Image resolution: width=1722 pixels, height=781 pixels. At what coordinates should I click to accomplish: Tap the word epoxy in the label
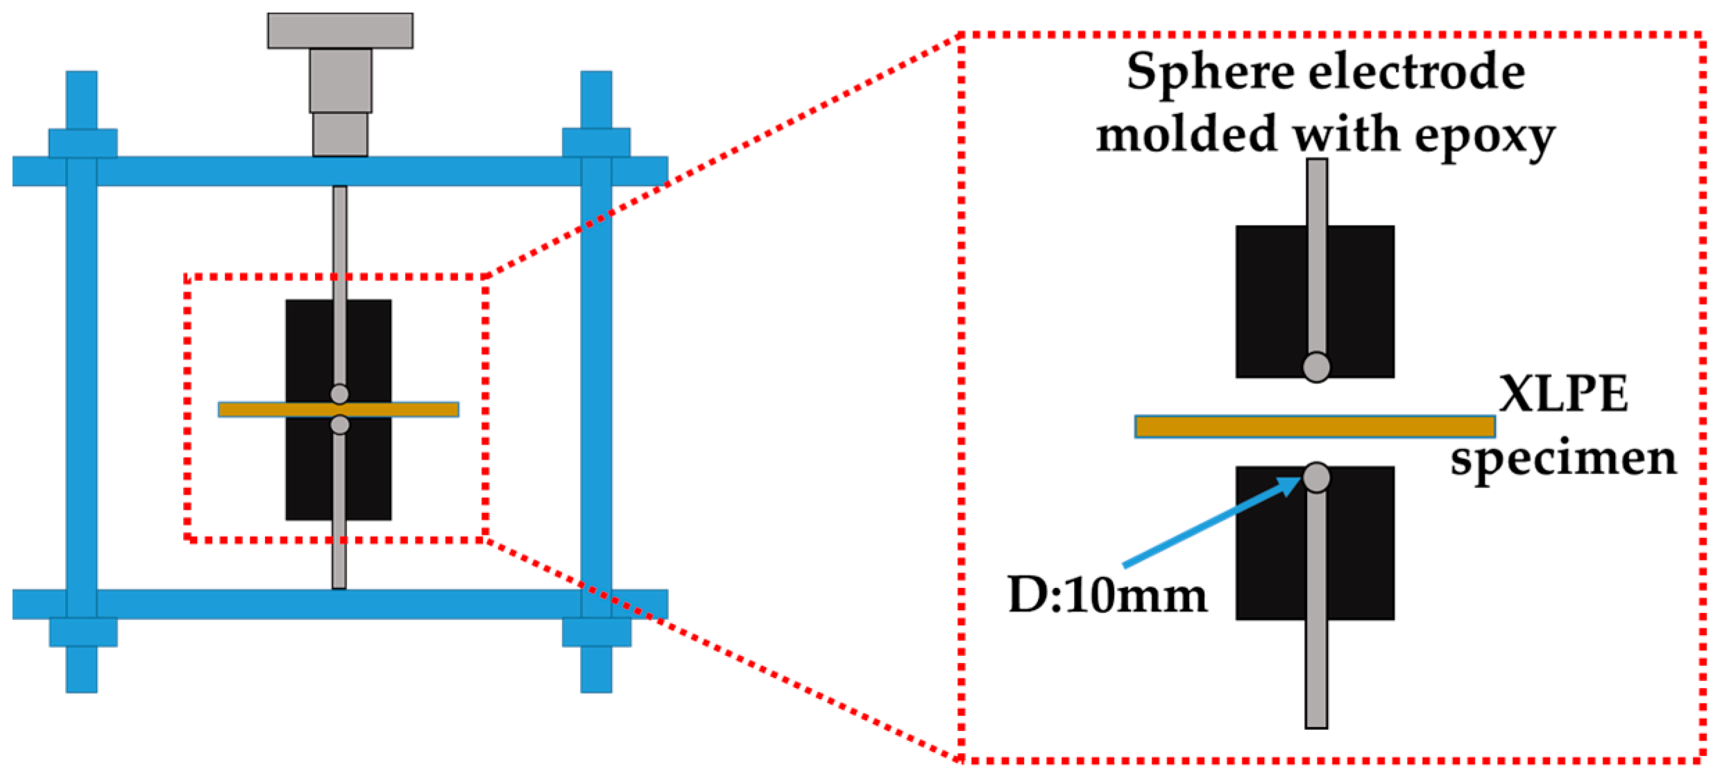tap(1484, 136)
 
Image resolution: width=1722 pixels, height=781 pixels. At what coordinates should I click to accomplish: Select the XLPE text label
tap(1562, 394)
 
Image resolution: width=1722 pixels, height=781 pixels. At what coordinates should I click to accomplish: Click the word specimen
tap(1562, 460)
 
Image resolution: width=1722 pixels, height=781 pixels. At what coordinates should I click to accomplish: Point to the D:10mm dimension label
tap(1107, 596)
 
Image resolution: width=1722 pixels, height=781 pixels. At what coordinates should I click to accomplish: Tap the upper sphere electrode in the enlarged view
tap(1316, 367)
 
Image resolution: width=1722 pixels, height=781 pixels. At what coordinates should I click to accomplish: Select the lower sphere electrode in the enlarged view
tap(1316, 477)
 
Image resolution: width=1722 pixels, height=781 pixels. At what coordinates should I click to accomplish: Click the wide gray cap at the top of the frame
tap(340, 31)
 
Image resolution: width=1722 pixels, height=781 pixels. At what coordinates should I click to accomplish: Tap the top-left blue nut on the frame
tap(83, 143)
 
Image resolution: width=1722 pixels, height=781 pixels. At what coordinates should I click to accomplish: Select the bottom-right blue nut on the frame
tap(597, 632)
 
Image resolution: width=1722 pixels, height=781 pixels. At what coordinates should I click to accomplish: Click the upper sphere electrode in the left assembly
tap(339, 394)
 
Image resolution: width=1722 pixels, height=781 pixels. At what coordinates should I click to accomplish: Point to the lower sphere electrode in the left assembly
tap(339, 424)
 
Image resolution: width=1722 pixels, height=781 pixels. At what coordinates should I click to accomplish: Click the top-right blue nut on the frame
tap(596, 142)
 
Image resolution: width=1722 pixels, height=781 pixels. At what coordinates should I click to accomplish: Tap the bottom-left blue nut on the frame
tap(83, 632)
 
